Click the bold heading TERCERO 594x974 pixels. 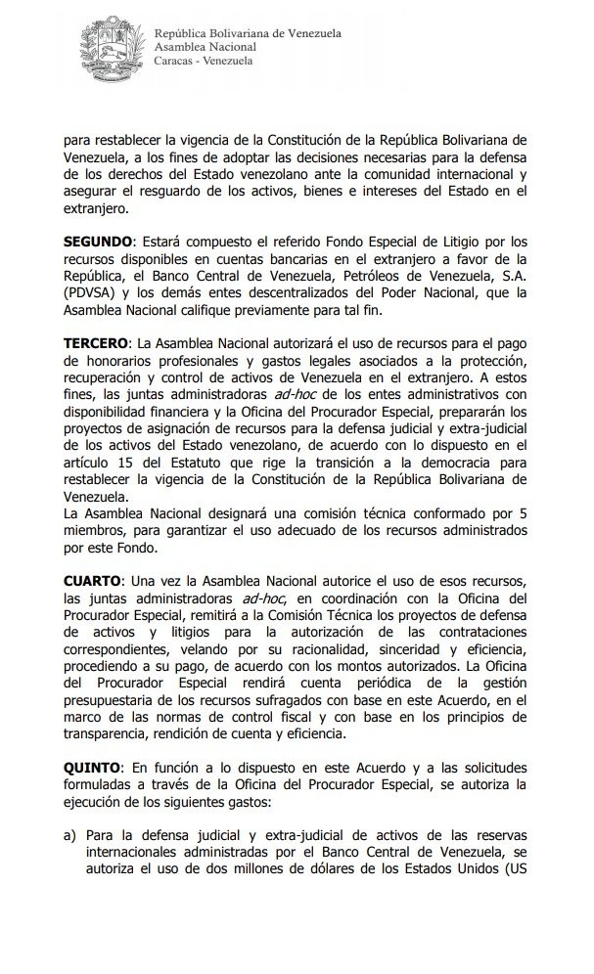[x=95, y=343]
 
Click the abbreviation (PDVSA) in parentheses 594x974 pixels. [x=88, y=292]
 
